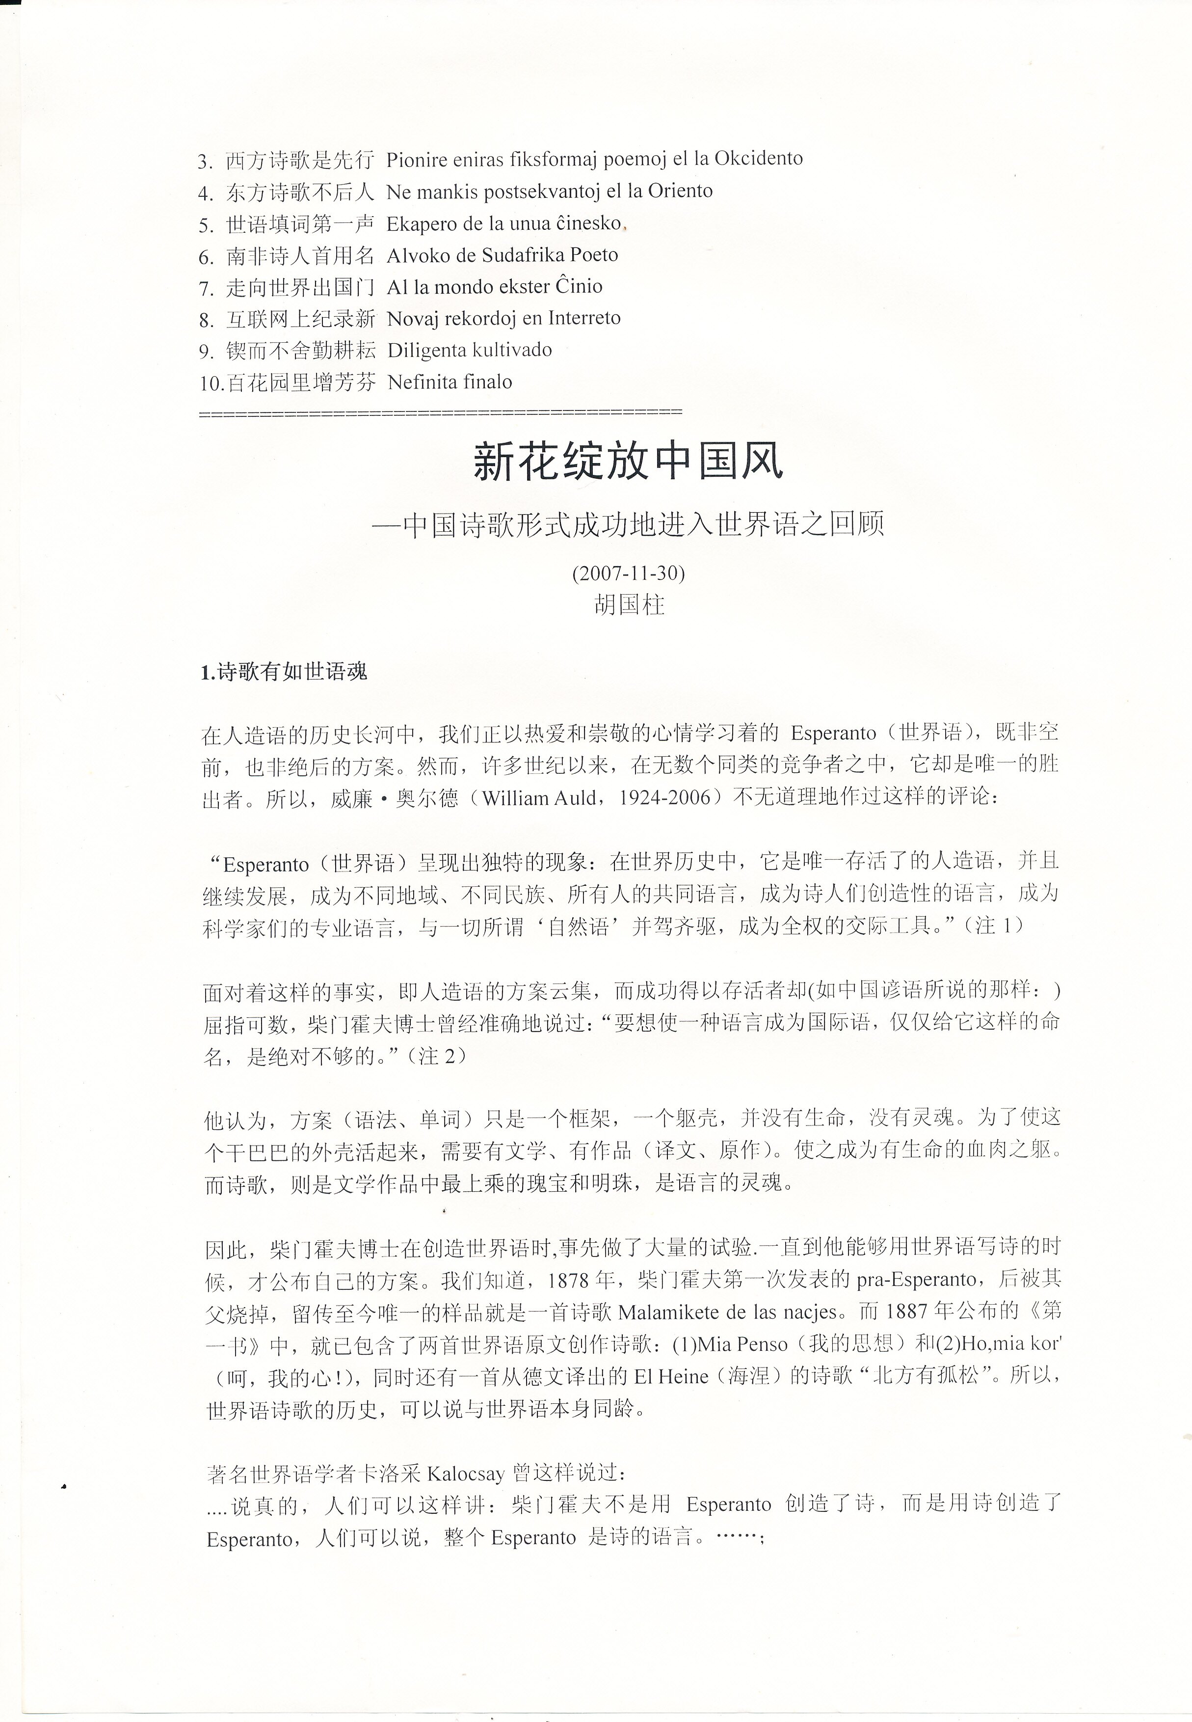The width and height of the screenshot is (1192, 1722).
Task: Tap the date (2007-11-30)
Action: [x=628, y=573]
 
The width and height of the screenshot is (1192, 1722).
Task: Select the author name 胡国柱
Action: [x=629, y=604]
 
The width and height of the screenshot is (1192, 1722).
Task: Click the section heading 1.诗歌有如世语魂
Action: [x=284, y=672]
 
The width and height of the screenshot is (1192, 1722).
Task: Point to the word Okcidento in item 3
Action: [x=758, y=159]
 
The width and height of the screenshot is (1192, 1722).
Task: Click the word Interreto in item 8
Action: [x=584, y=318]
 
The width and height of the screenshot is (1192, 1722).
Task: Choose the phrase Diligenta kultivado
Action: [x=470, y=351]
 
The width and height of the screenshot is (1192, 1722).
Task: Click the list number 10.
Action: [x=212, y=383]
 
